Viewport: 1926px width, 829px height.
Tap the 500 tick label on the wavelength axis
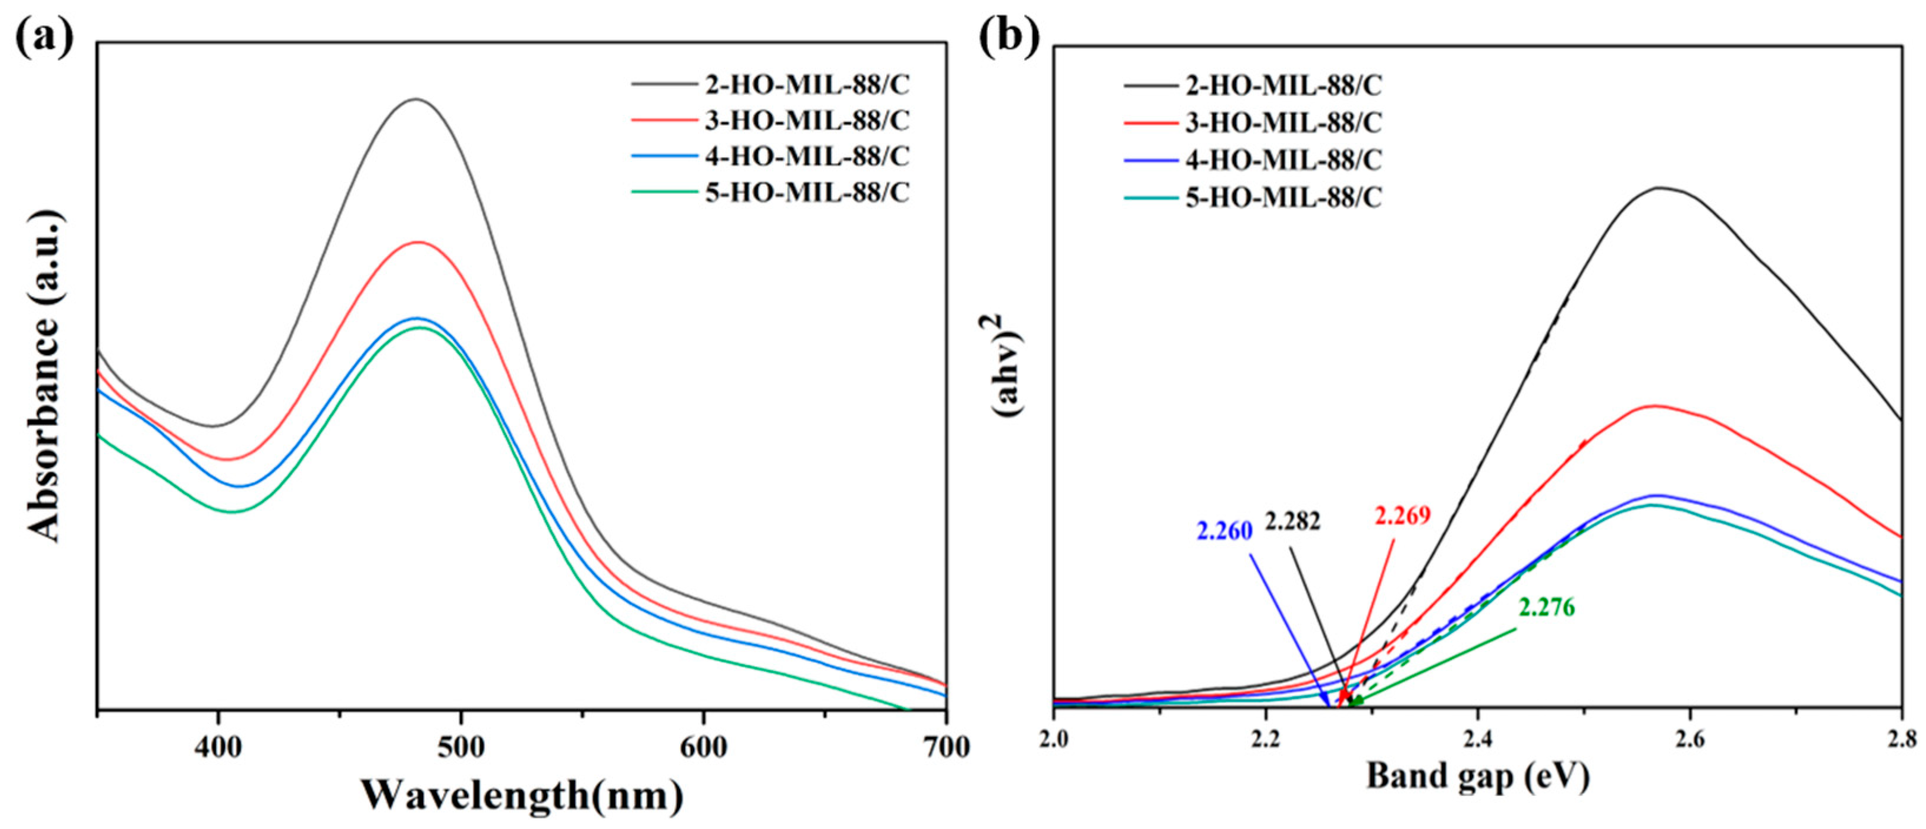461,748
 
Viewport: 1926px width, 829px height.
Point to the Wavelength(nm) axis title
522,795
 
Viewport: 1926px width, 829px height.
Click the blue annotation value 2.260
1224,532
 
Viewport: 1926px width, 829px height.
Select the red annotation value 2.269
1402,516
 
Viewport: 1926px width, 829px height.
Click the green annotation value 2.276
1546,608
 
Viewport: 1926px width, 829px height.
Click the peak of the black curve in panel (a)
416,100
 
